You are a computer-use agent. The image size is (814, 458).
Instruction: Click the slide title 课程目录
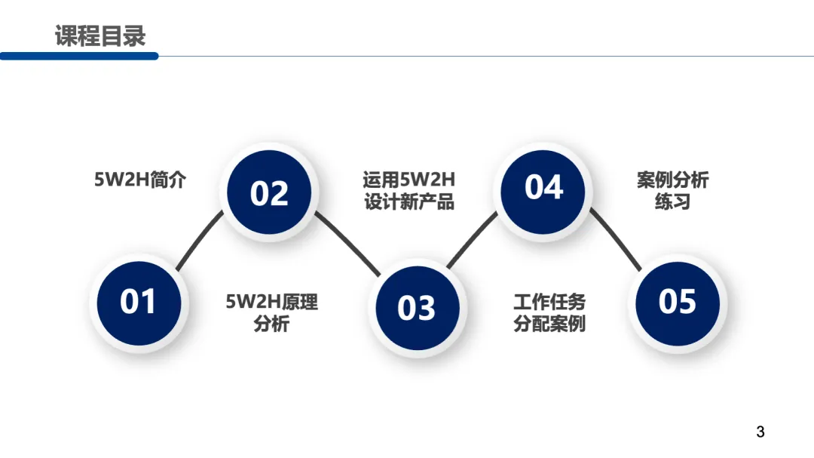(x=100, y=35)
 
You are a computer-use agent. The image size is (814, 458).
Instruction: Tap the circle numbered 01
(x=138, y=302)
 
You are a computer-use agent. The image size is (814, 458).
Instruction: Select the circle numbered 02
(x=269, y=193)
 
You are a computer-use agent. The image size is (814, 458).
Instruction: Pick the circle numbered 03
(x=416, y=308)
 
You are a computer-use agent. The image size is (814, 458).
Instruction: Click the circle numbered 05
(x=677, y=302)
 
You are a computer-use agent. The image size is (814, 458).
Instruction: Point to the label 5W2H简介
(x=139, y=180)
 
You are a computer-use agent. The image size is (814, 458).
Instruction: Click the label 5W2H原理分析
(x=271, y=313)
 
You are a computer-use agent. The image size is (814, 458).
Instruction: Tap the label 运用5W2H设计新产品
(x=409, y=191)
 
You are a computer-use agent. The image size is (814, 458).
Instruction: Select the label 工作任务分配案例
(x=549, y=313)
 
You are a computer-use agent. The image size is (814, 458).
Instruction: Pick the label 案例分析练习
(x=672, y=191)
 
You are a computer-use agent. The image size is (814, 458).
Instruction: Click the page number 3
(x=760, y=432)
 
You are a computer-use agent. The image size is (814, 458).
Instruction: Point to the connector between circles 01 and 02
(x=200, y=241)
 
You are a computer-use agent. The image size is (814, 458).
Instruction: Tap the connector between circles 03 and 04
(x=473, y=239)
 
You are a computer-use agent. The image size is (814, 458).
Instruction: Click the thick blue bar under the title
(x=79, y=56)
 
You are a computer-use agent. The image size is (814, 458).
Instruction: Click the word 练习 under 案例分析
(x=672, y=202)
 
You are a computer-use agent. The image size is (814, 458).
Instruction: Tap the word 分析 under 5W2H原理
(x=271, y=325)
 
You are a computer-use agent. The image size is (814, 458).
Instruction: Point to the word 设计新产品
(x=409, y=202)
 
